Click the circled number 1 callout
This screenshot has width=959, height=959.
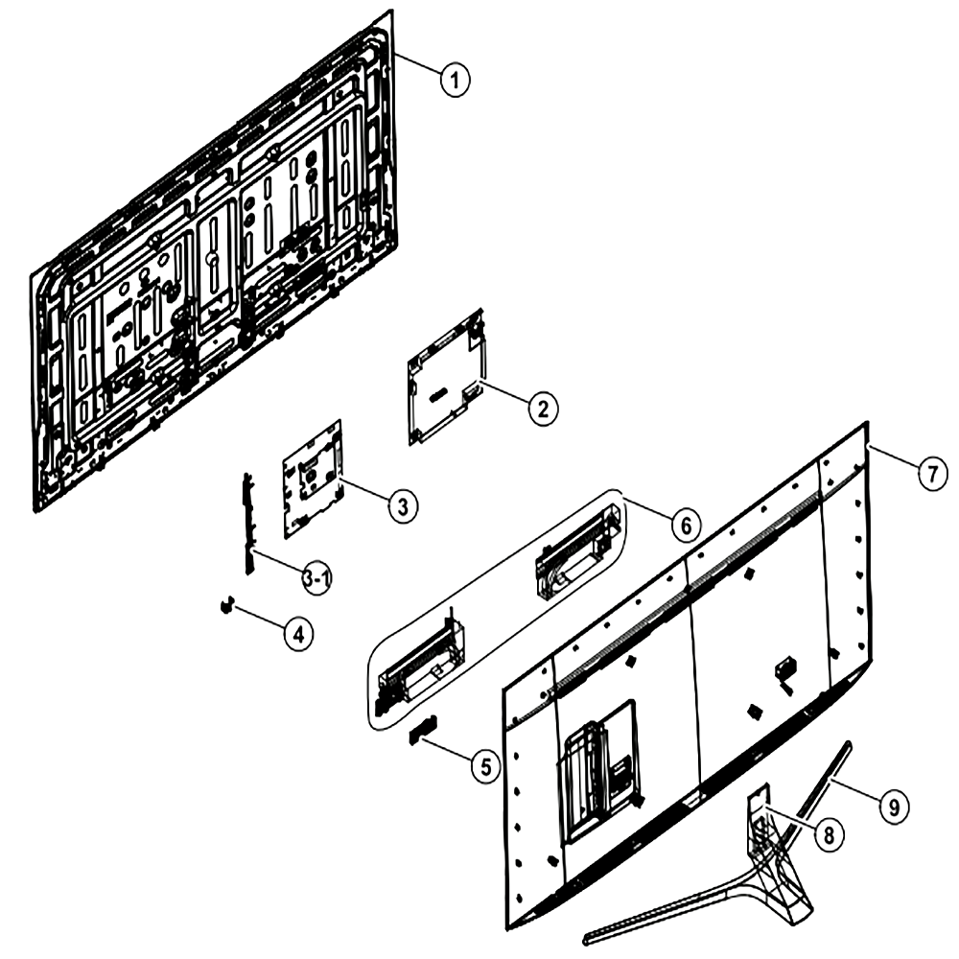[x=455, y=81]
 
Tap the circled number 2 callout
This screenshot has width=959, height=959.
[x=543, y=408]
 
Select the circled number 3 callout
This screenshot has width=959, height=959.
[x=403, y=506]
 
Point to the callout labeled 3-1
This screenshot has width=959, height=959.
[x=317, y=578]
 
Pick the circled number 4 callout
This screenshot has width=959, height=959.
[x=298, y=634]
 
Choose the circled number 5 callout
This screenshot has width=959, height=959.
[x=486, y=766]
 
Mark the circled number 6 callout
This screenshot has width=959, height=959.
[x=686, y=526]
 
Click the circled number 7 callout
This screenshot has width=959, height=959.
[x=932, y=474]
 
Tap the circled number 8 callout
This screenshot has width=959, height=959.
[x=829, y=834]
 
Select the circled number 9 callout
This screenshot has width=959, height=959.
[x=894, y=807]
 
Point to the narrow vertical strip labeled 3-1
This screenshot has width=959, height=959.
[x=247, y=523]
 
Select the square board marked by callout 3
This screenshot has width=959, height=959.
[x=313, y=479]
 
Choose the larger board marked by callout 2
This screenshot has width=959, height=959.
[x=448, y=377]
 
